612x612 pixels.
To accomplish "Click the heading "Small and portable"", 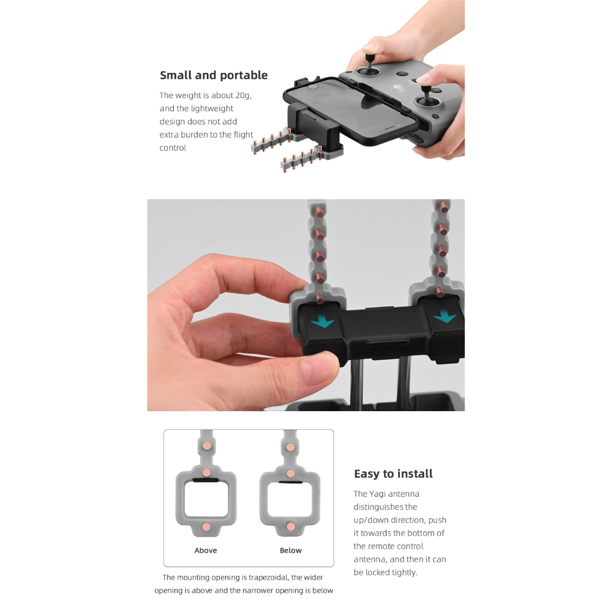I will click(213, 75).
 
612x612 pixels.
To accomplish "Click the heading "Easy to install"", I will click(393, 474).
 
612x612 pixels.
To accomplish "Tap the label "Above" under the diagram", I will click(206, 550).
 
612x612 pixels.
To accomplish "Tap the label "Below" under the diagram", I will click(290, 550).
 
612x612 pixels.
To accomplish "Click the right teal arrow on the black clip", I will click(445, 316).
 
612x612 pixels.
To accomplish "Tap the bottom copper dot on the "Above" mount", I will click(206, 526).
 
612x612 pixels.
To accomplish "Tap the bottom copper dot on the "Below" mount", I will click(290, 526).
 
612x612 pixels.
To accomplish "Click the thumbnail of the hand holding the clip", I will click(305, 305).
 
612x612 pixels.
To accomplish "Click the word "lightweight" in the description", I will click(212, 109).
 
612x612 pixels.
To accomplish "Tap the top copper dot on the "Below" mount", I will click(290, 447).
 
